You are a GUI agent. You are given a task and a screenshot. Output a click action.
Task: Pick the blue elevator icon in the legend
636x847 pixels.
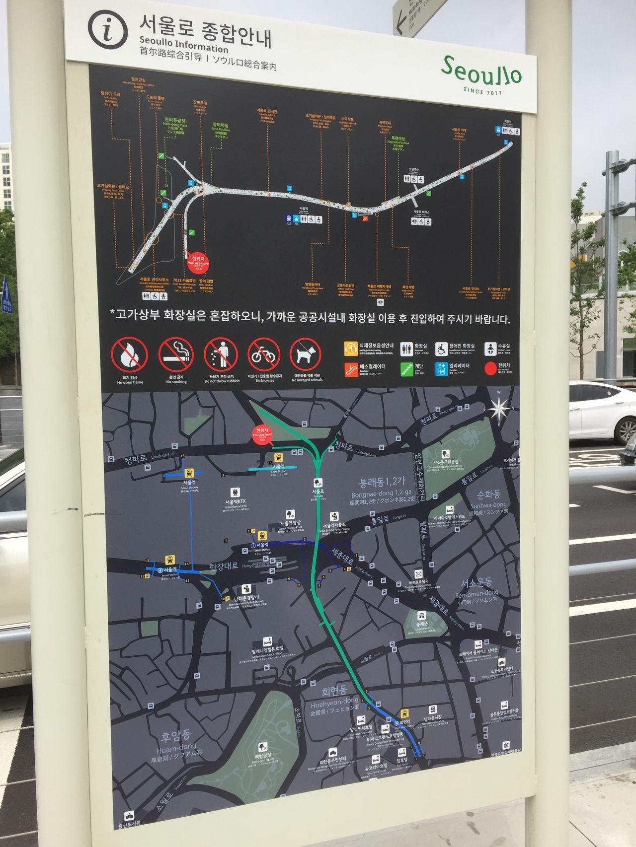point(442,369)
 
